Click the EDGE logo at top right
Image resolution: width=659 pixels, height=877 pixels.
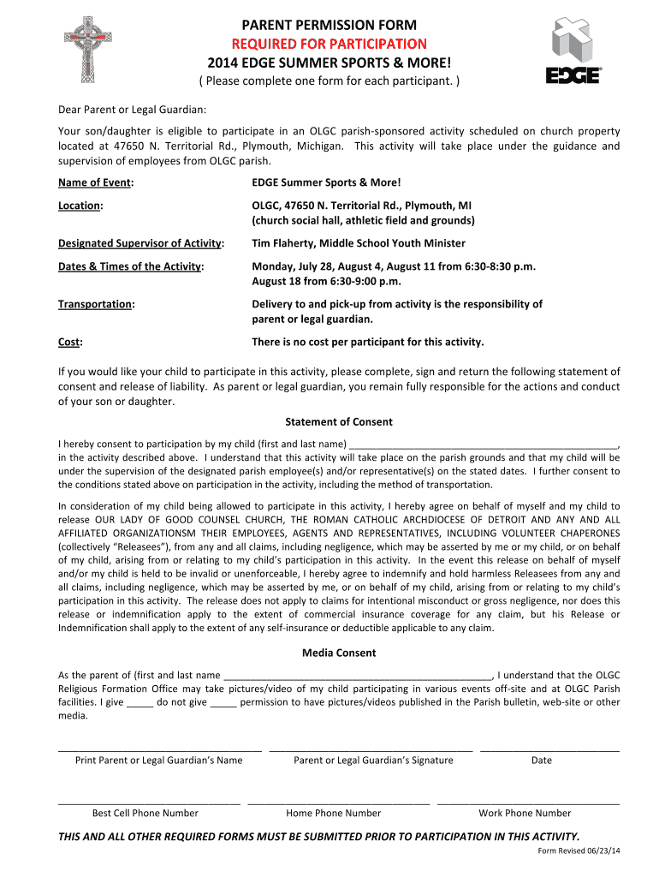point(574,53)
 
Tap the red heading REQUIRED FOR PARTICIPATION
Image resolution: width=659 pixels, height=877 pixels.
point(329,44)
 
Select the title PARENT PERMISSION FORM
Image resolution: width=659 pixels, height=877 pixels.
point(329,25)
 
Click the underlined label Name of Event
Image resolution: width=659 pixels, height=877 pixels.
point(95,182)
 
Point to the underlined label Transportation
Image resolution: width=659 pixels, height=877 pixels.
point(95,304)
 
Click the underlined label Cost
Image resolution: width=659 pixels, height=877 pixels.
point(69,342)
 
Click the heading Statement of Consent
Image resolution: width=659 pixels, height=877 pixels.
point(339,421)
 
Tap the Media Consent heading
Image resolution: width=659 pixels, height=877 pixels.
point(339,653)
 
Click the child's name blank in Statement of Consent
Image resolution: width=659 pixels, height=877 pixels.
point(483,445)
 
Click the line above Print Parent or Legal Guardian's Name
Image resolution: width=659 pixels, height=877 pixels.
point(159,749)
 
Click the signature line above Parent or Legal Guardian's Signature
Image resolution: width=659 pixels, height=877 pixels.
point(371,749)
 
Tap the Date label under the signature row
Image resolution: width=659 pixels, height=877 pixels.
point(542,761)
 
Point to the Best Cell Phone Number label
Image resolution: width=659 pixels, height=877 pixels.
point(145,814)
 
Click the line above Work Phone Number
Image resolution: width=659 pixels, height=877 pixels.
point(528,802)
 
